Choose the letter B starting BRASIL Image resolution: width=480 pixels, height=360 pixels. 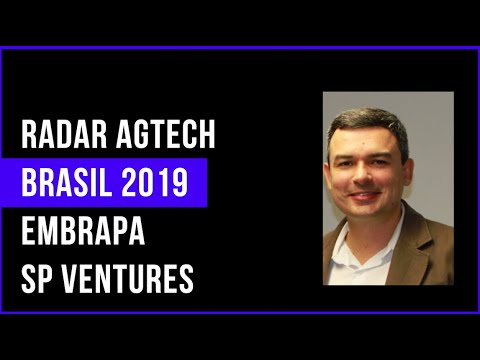(x=28, y=184)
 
